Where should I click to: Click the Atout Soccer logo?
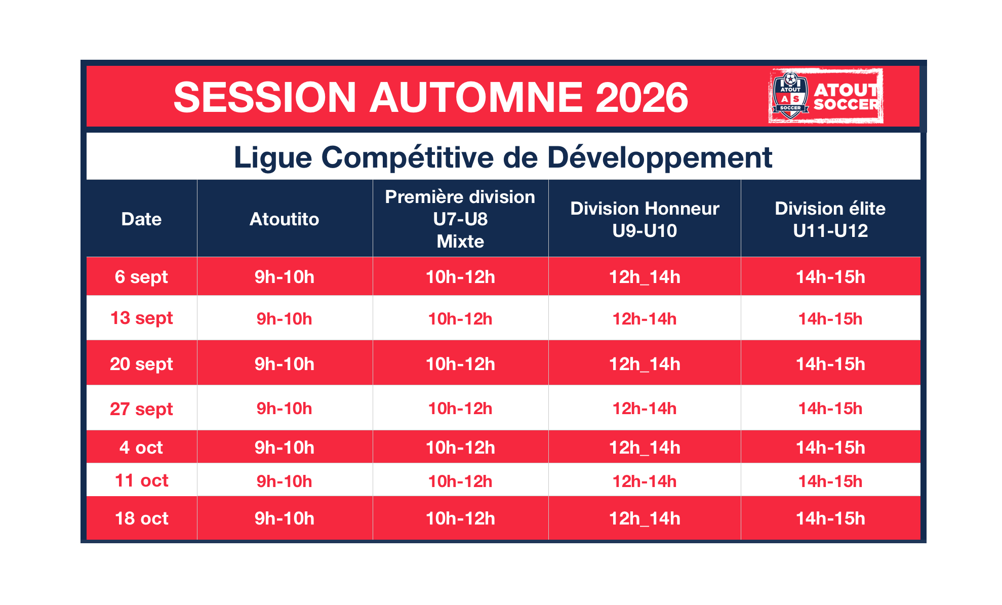826,96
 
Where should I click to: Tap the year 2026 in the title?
642,97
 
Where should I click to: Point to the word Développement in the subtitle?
660,157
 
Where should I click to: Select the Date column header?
141,219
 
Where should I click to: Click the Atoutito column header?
284,219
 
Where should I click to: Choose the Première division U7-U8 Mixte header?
460,219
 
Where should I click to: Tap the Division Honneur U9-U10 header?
645,219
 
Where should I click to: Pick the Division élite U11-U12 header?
830,219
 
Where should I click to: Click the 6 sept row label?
141,277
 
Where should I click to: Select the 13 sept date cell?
141,318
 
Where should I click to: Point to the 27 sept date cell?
141,409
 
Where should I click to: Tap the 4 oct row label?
141,448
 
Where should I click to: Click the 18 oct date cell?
141,518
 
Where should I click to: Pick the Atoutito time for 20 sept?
284,364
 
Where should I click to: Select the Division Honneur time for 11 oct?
645,481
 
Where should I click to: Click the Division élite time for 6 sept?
830,277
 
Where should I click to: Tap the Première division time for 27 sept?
460,409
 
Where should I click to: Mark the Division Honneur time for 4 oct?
645,448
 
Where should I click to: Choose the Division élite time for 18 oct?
830,518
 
